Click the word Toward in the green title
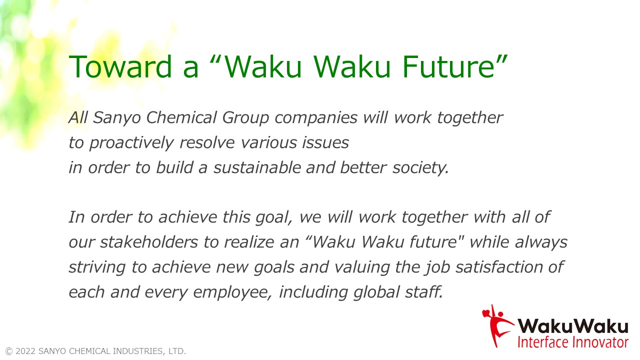point(120,66)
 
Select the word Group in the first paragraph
point(245,118)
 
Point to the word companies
point(316,118)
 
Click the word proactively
point(131,143)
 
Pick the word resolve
point(207,142)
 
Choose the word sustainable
point(257,167)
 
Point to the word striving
point(97,267)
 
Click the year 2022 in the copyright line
point(26,351)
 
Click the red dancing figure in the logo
point(496,325)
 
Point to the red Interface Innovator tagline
point(573,342)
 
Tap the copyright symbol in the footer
point(9,351)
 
